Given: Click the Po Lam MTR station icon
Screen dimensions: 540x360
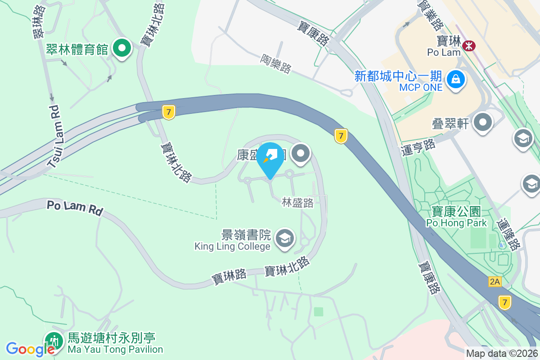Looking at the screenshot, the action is point(469,45).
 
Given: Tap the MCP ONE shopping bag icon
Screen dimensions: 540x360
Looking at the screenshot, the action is point(456,80).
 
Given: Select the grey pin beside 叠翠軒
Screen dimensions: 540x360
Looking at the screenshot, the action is point(483,122).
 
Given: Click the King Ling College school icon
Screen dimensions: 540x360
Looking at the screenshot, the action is point(284,238).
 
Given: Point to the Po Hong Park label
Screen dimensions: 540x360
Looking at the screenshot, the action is point(456,222).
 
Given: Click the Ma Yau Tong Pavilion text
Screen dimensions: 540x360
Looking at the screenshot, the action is point(115,349).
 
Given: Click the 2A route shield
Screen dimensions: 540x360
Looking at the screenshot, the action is point(495,282).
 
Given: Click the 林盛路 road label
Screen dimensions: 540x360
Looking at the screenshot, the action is point(298,202).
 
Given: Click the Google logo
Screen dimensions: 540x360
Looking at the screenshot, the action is point(30,349).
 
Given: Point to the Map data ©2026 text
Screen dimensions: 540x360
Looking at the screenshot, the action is point(501,353).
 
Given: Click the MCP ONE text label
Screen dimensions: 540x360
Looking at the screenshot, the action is point(421,87).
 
